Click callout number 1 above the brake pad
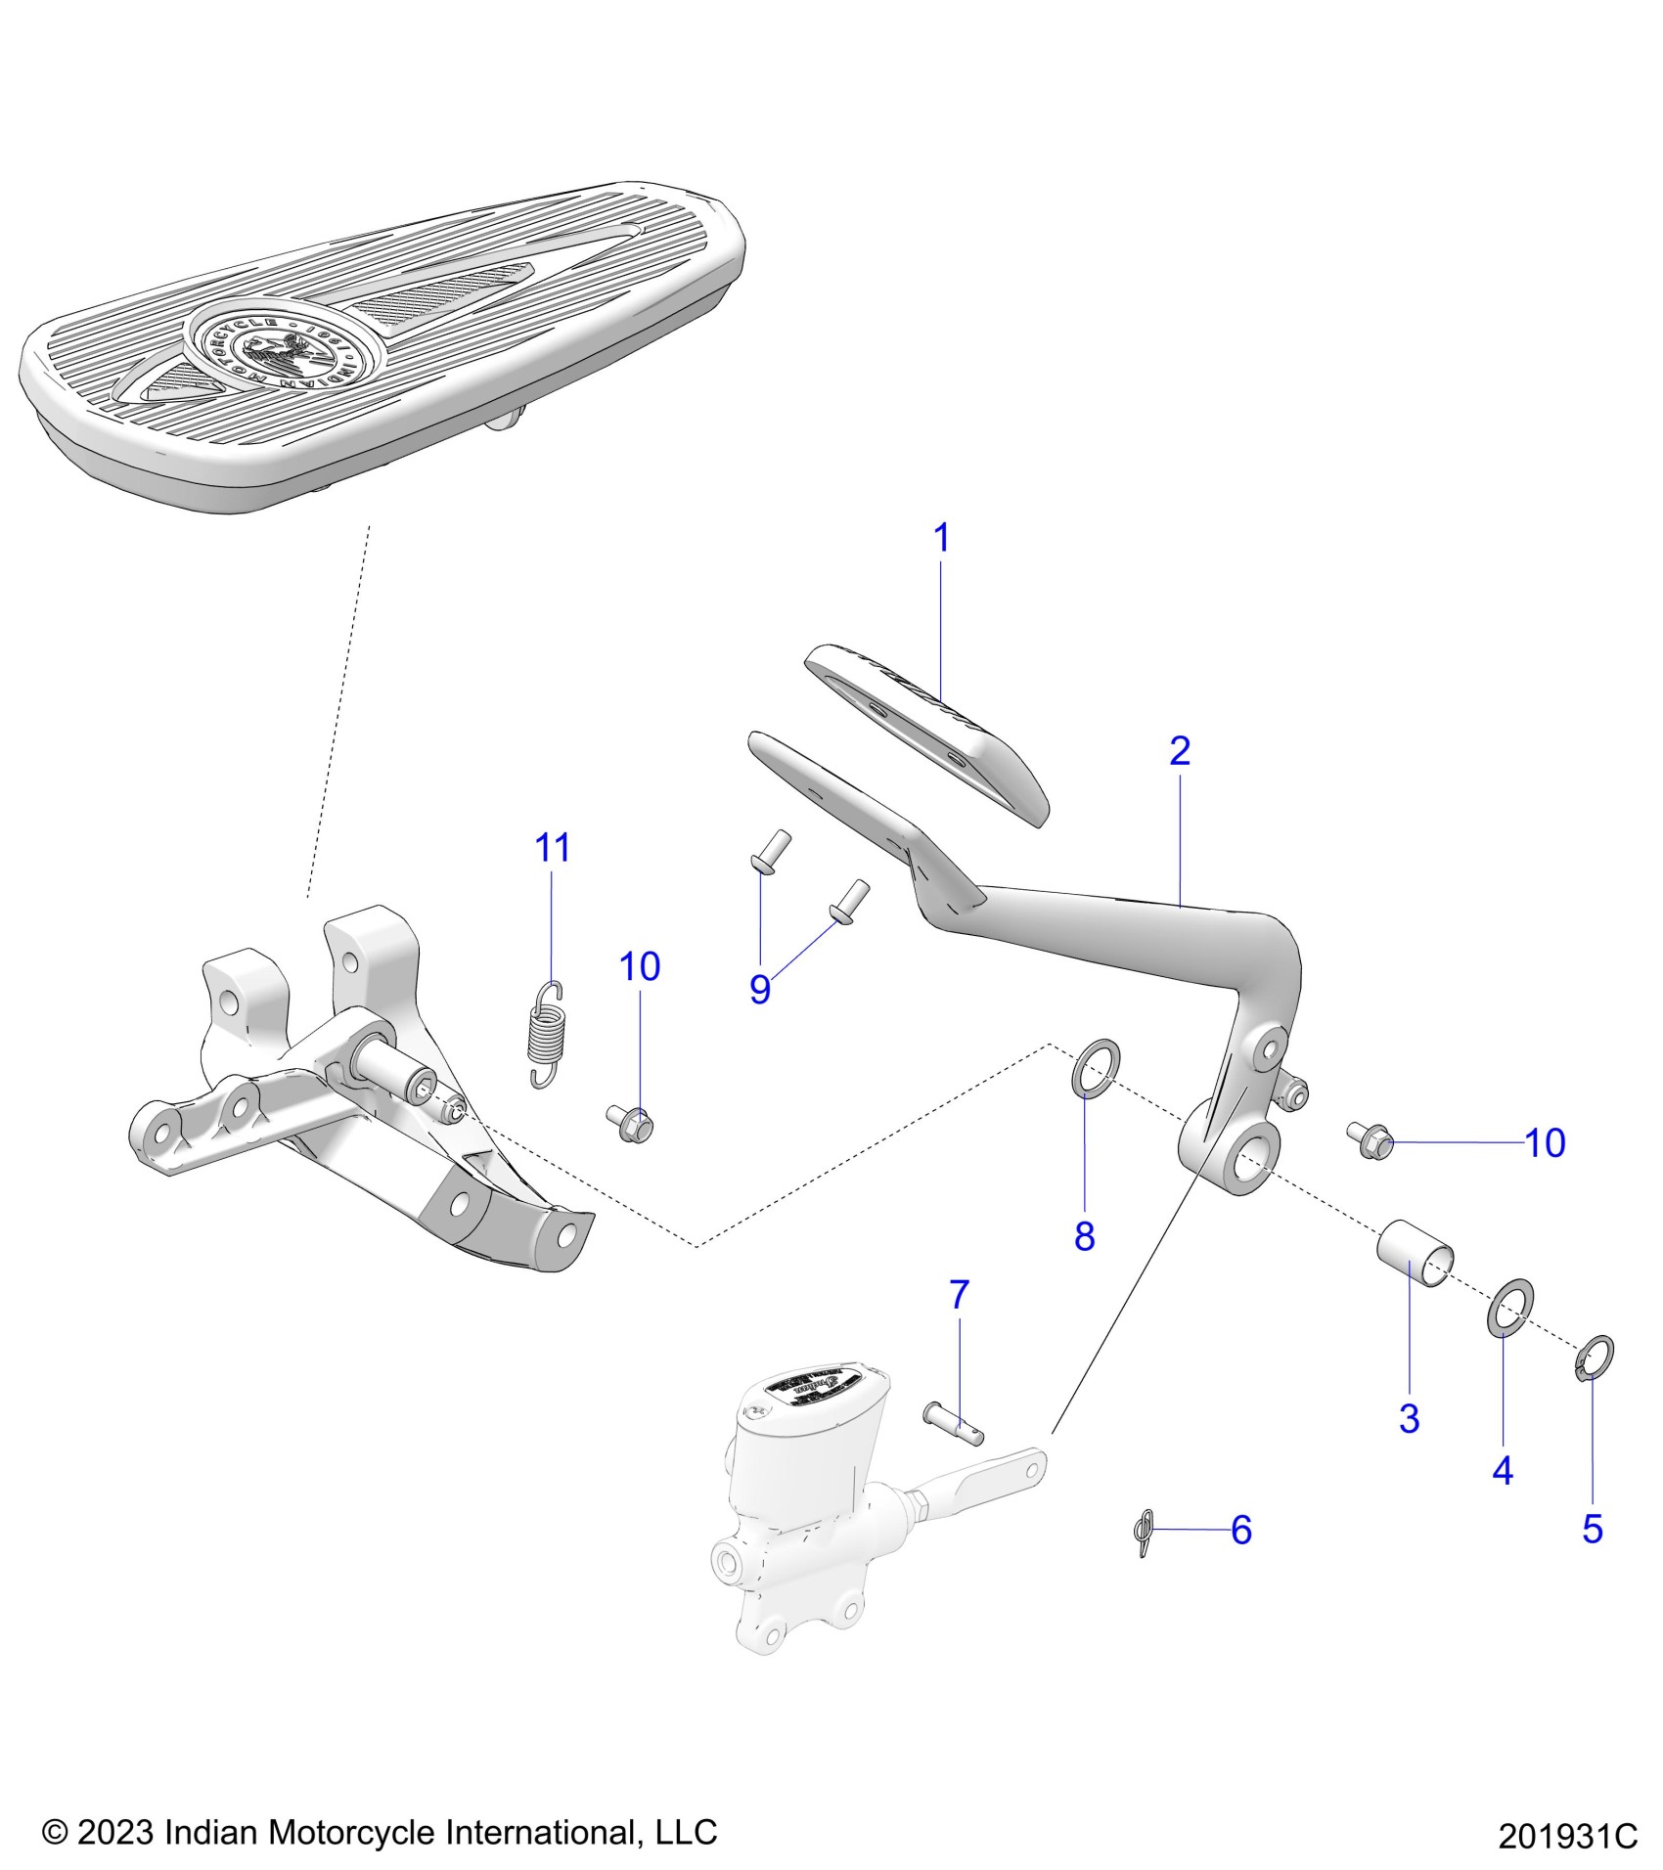941,539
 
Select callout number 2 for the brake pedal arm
1180,751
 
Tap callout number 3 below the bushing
1409,1418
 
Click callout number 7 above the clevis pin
959,1295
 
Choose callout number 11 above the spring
553,848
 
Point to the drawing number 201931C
1566,1836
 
